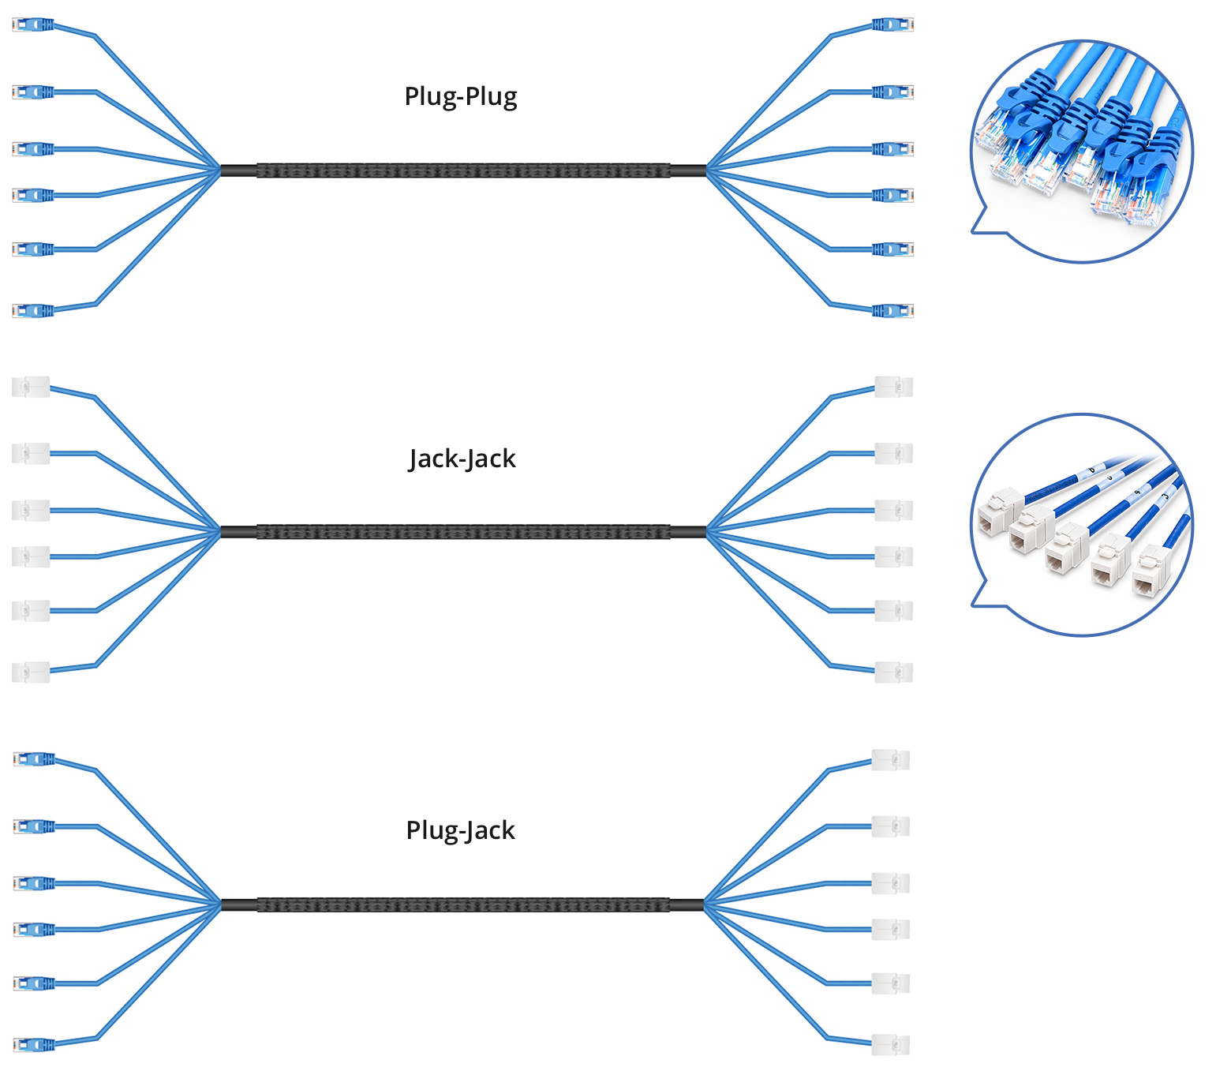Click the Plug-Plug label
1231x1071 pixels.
point(461,96)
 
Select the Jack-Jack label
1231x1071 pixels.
point(462,459)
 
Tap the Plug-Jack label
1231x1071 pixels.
point(461,830)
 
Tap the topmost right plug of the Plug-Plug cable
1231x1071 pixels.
point(892,25)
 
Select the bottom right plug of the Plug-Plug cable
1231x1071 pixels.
point(892,311)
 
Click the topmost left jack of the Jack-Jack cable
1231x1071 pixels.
point(32,387)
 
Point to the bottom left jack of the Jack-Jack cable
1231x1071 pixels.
point(32,672)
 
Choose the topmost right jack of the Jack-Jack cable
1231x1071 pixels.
point(894,387)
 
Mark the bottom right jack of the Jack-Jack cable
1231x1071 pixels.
point(894,672)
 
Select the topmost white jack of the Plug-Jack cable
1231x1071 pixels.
point(891,759)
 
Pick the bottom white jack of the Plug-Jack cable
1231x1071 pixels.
point(891,1046)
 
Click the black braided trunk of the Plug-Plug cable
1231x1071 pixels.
point(462,170)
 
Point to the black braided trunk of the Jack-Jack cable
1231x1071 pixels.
point(462,532)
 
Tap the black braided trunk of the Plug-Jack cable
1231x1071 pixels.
point(462,904)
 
